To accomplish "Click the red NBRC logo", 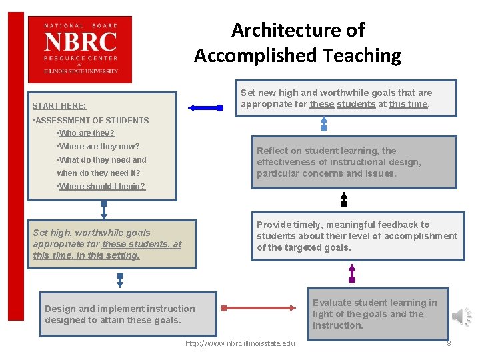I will [x=80, y=49].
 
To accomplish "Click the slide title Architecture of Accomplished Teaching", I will [x=297, y=43].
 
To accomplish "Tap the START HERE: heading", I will [x=59, y=106].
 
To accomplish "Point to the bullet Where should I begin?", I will [x=101, y=187].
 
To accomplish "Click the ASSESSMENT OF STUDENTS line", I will [x=91, y=121].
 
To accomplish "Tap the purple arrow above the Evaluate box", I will [x=352, y=273].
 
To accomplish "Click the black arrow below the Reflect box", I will [x=344, y=199].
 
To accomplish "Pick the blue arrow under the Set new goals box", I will [x=324, y=123].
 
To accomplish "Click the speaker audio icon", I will [x=461, y=316].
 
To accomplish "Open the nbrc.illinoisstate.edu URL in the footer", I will [x=240, y=343].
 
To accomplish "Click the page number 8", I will [x=449, y=343].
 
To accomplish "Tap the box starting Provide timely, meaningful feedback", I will [x=357, y=236].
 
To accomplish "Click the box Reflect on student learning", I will [x=353, y=162].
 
